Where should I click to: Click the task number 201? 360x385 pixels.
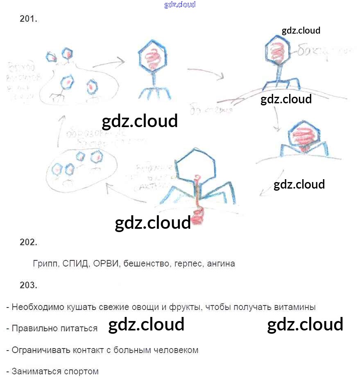[x=28, y=19]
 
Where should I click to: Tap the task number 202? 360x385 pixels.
[x=28, y=242]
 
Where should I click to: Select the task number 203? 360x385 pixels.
[x=28, y=285]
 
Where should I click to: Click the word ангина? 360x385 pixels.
[x=221, y=264]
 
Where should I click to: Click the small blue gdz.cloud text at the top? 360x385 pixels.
[x=180, y=5]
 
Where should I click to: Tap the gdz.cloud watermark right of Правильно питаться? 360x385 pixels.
[x=146, y=325]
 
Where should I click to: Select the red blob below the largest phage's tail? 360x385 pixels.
[x=198, y=215]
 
